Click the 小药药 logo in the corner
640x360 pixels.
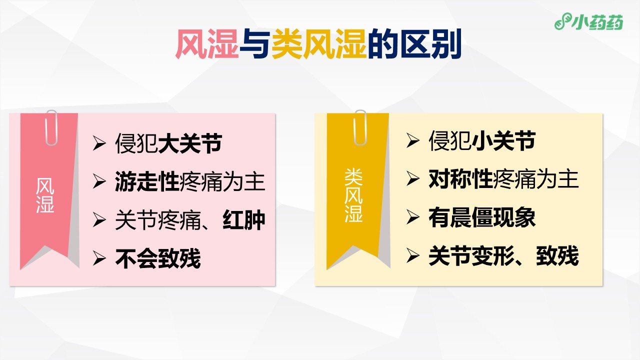point(588,21)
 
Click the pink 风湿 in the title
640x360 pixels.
point(207,44)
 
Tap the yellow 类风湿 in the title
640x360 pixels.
point(319,44)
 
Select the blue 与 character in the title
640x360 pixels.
point(255,44)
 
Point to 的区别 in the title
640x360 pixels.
point(415,44)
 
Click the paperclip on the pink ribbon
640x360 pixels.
point(51,127)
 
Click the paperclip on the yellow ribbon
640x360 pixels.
point(360,127)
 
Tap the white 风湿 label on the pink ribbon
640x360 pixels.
point(45,195)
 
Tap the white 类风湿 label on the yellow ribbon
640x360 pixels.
point(353,195)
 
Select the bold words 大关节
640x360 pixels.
point(190,143)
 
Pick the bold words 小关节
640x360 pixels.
point(503,140)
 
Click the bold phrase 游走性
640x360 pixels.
point(147,181)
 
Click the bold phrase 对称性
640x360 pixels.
point(460,179)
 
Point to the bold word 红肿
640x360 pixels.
point(243,220)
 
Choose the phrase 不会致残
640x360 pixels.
point(158,258)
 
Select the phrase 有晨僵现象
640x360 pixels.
point(482,217)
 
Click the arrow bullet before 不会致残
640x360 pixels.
point(99,259)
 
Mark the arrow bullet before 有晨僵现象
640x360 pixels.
point(413,217)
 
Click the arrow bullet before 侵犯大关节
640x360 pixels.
point(99,143)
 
